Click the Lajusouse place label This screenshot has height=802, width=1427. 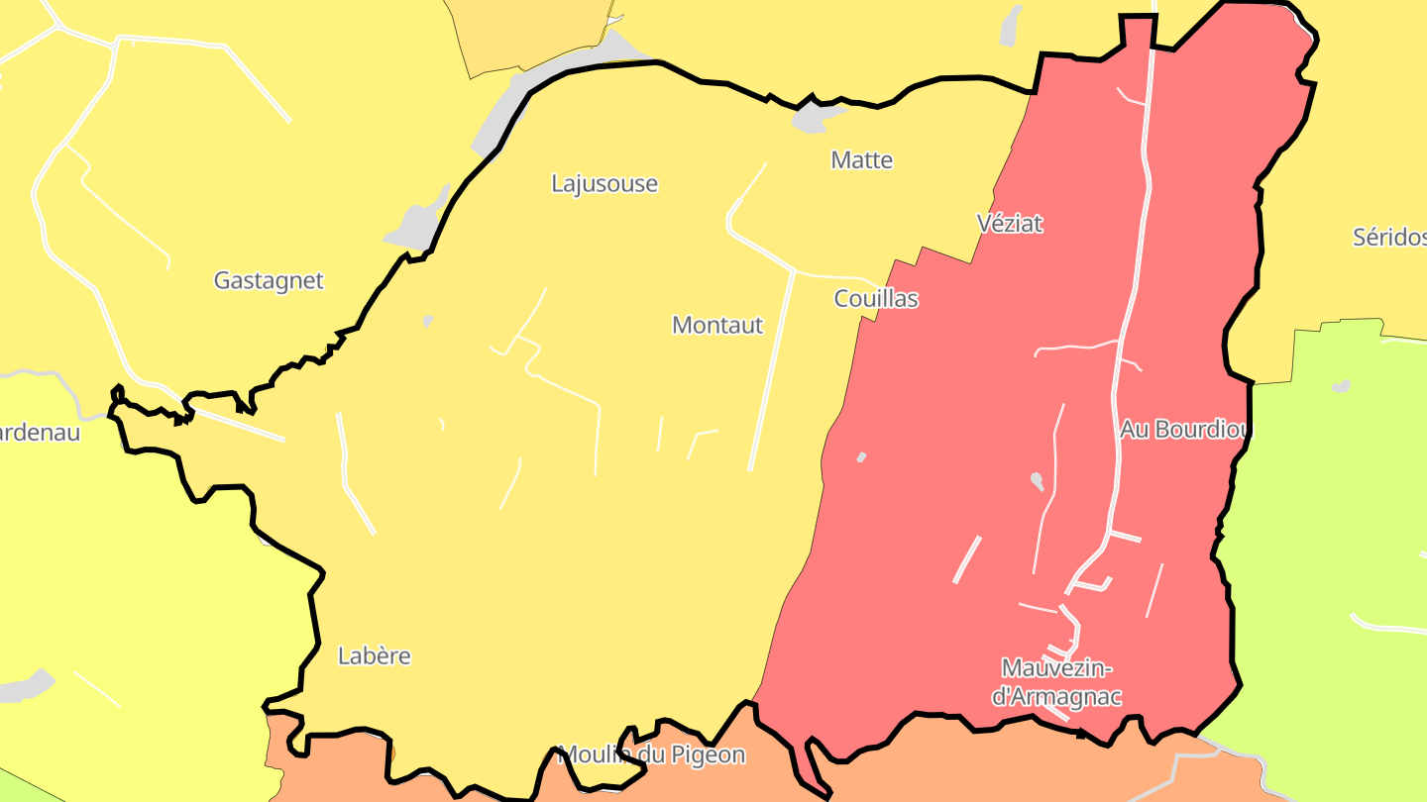point(604,184)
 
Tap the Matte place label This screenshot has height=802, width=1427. point(862,160)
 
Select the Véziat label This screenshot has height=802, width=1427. point(1010,224)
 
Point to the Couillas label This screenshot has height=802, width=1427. point(876,299)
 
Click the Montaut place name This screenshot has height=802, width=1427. point(717,326)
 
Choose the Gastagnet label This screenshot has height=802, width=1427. point(269,281)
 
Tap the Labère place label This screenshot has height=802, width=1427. point(375,656)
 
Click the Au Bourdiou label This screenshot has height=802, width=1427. point(1186,430)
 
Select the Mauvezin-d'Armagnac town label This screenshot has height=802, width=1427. point(1057,682)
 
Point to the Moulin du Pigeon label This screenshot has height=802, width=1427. point(652,755)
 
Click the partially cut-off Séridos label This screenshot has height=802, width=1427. point(1389,238)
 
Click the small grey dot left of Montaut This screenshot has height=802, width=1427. point(428,321)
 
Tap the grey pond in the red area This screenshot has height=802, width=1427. point(1037,481)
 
